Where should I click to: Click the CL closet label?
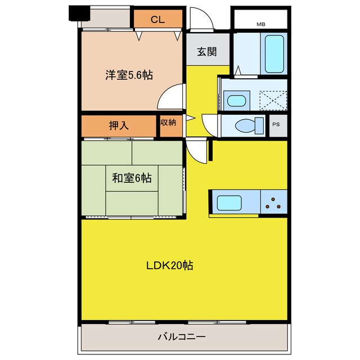pyautogui.click(x=157, y=20)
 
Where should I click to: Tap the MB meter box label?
pyautogui.click(x=261, y=24)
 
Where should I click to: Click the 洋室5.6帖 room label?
pyautogui.click(x=129, y=74)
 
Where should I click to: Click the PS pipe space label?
pyautogui.click(x=277, y=125)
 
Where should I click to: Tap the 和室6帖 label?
pyautogui.click(x=131, y=178)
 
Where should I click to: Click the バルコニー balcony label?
pyautogui.click(x=181, y=337)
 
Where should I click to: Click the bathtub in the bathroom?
pyautogui.click(x=274, y=53)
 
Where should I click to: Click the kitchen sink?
pyautogui.click(x=229, y=202)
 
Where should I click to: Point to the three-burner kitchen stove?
pyautogui.click(x=274, y=202)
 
